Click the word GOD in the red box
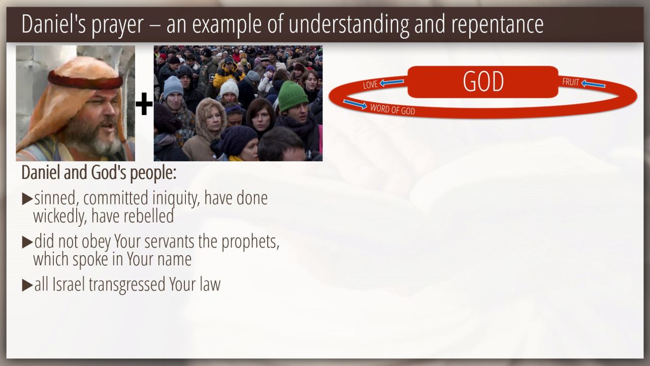[483, 82]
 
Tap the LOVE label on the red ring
[371, 85]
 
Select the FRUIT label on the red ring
[570, 82]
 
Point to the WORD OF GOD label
[393, 109]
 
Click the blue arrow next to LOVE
[392, 83]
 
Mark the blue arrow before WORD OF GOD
[355, 104]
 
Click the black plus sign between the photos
[144, 104]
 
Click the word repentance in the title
[497, 24]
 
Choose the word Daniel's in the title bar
[54, 24]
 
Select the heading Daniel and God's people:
[99, 173]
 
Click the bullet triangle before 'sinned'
[27, 199]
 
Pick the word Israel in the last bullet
[69, 284]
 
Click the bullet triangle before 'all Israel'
[27, 285]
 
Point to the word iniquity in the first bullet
[176, 199]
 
